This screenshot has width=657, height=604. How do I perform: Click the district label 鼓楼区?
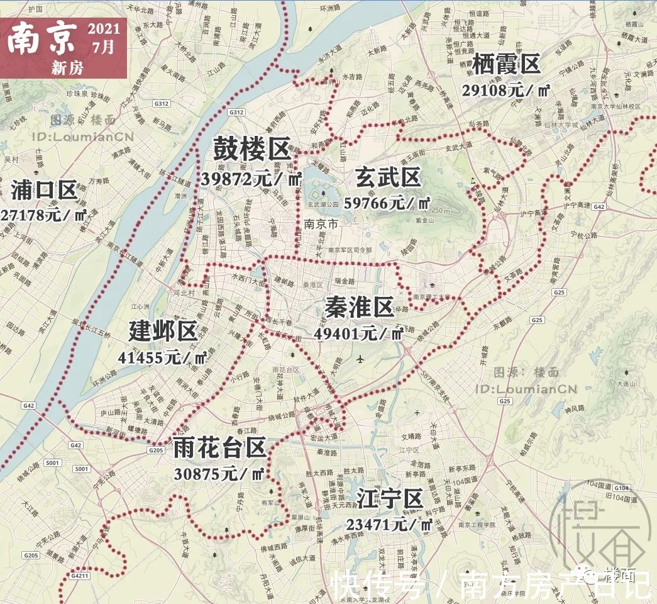tap(251, 150)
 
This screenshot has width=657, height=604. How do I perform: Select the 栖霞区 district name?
tap(505, 65)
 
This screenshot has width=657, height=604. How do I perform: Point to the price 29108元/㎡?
tap(506, 90)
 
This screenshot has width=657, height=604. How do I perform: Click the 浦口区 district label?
tap(44, 189)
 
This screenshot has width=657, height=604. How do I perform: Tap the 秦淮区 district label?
tap(359, 308)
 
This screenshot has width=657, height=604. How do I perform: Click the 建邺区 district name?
tap(163, 332)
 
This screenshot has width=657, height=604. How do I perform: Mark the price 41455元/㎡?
tap(163, 358)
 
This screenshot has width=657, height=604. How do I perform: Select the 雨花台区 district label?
tap(219, 448)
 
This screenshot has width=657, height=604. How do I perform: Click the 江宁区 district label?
tap(389, 499)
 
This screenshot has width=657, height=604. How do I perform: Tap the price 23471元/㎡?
tap(389, 525)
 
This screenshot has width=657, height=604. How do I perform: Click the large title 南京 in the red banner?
tap(43, 39)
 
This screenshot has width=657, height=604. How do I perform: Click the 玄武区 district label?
tap(387, 177)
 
